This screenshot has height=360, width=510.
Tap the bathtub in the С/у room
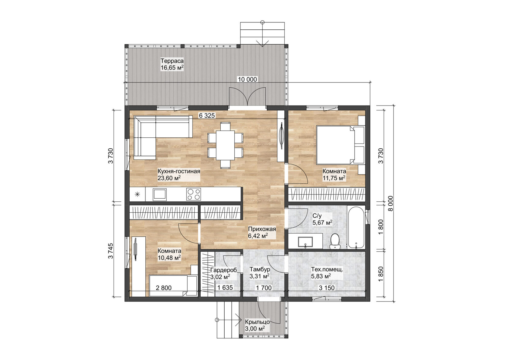356,227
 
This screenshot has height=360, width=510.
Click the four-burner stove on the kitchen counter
194,194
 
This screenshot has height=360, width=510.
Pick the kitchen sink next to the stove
160,194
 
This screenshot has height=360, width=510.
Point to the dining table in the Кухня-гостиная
225,145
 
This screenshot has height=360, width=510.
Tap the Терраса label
172,61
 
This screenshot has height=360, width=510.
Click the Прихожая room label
262,229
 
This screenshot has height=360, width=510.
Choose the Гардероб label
223,270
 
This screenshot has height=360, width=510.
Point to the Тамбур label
260,269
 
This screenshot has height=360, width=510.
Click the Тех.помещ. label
327,270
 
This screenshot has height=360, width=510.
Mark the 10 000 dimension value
247,79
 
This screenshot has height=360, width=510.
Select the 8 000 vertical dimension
390,204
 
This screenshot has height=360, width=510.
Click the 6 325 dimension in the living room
207,116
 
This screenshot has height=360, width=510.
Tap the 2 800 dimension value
164,288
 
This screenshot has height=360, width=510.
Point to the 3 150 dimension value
327,288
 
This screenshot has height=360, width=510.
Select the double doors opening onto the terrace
247,97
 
